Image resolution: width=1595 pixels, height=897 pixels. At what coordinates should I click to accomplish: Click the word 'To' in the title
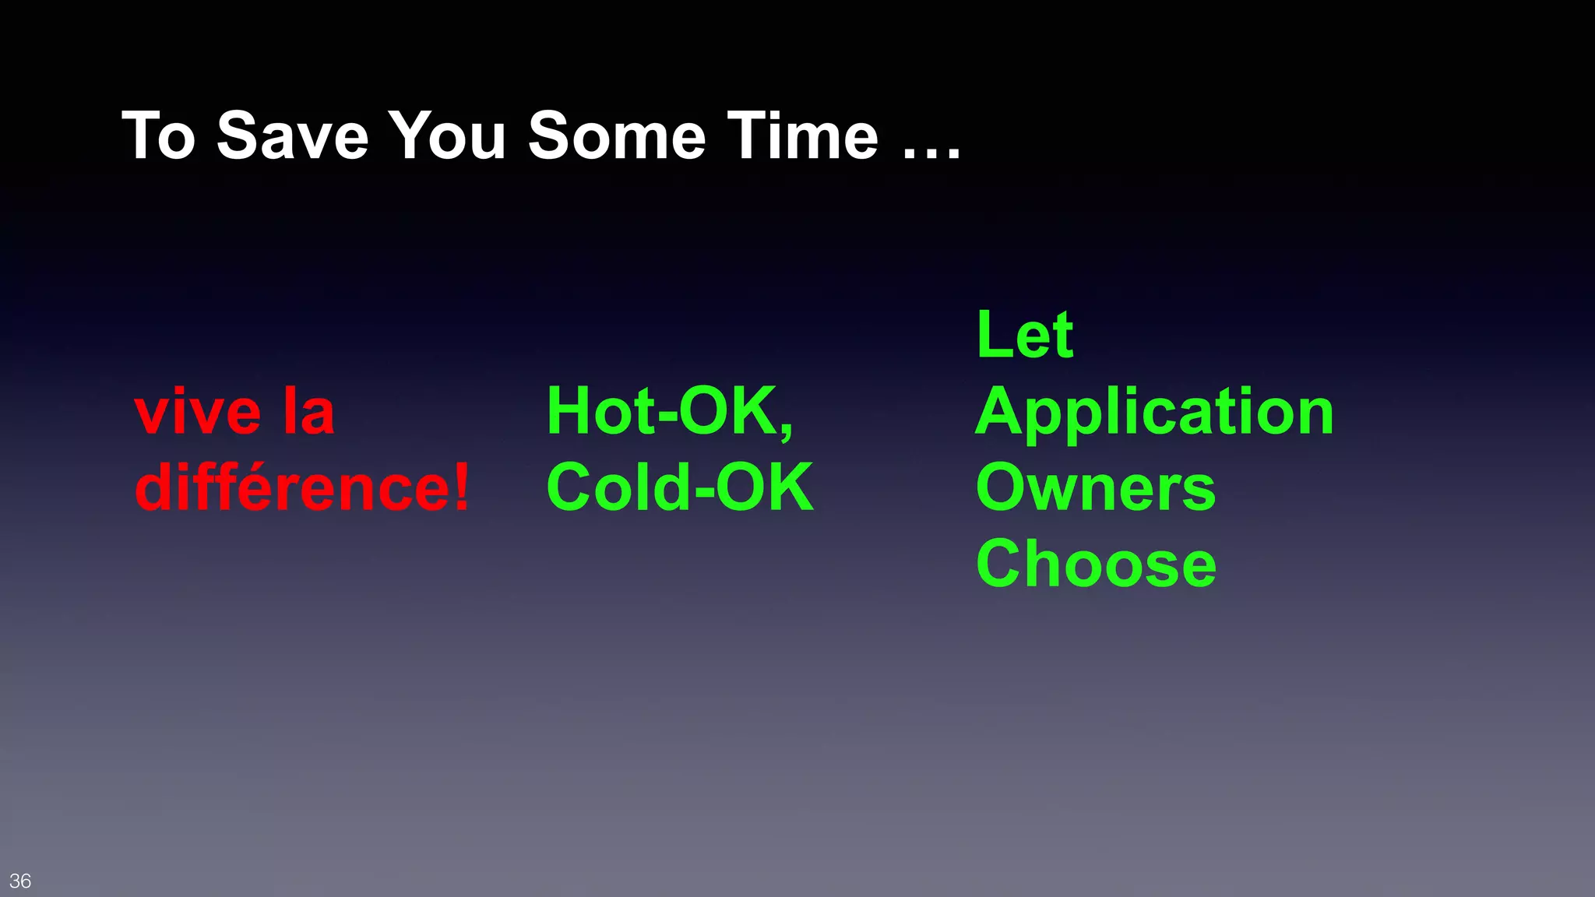(x=159, y=135)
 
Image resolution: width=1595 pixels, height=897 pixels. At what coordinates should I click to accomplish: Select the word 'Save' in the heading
(x=292, y=135)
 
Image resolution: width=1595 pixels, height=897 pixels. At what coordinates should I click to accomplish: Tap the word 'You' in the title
(x=448, y=135)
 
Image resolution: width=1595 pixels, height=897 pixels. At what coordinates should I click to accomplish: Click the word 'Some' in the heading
(x=616, y=135)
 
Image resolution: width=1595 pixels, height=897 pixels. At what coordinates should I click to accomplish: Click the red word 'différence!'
(x=302, y=487)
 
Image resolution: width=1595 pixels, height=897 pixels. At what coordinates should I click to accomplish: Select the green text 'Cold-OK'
(x=680, y=487)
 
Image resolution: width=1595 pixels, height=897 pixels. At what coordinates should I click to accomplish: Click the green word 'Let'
(x=1025, y=335)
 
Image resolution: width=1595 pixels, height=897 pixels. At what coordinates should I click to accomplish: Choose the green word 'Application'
(x=1154, y=413)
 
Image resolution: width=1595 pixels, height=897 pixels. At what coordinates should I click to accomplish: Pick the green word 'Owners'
(x=1095, y=487)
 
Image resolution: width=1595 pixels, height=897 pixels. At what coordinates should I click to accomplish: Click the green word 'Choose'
(x=1096, y=564)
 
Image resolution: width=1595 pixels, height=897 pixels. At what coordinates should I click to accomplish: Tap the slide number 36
(x=20, y=881)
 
